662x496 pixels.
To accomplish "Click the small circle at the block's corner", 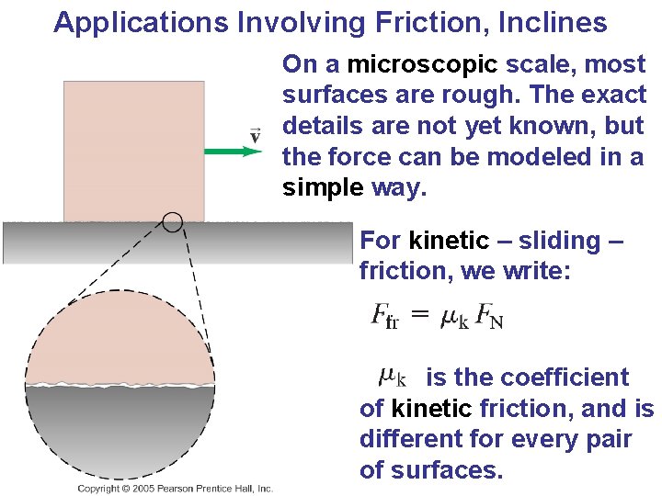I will (x=172, y=221).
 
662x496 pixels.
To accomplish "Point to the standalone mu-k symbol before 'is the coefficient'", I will (x=393, y=377).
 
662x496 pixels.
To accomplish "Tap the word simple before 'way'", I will (x=323, y=188).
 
